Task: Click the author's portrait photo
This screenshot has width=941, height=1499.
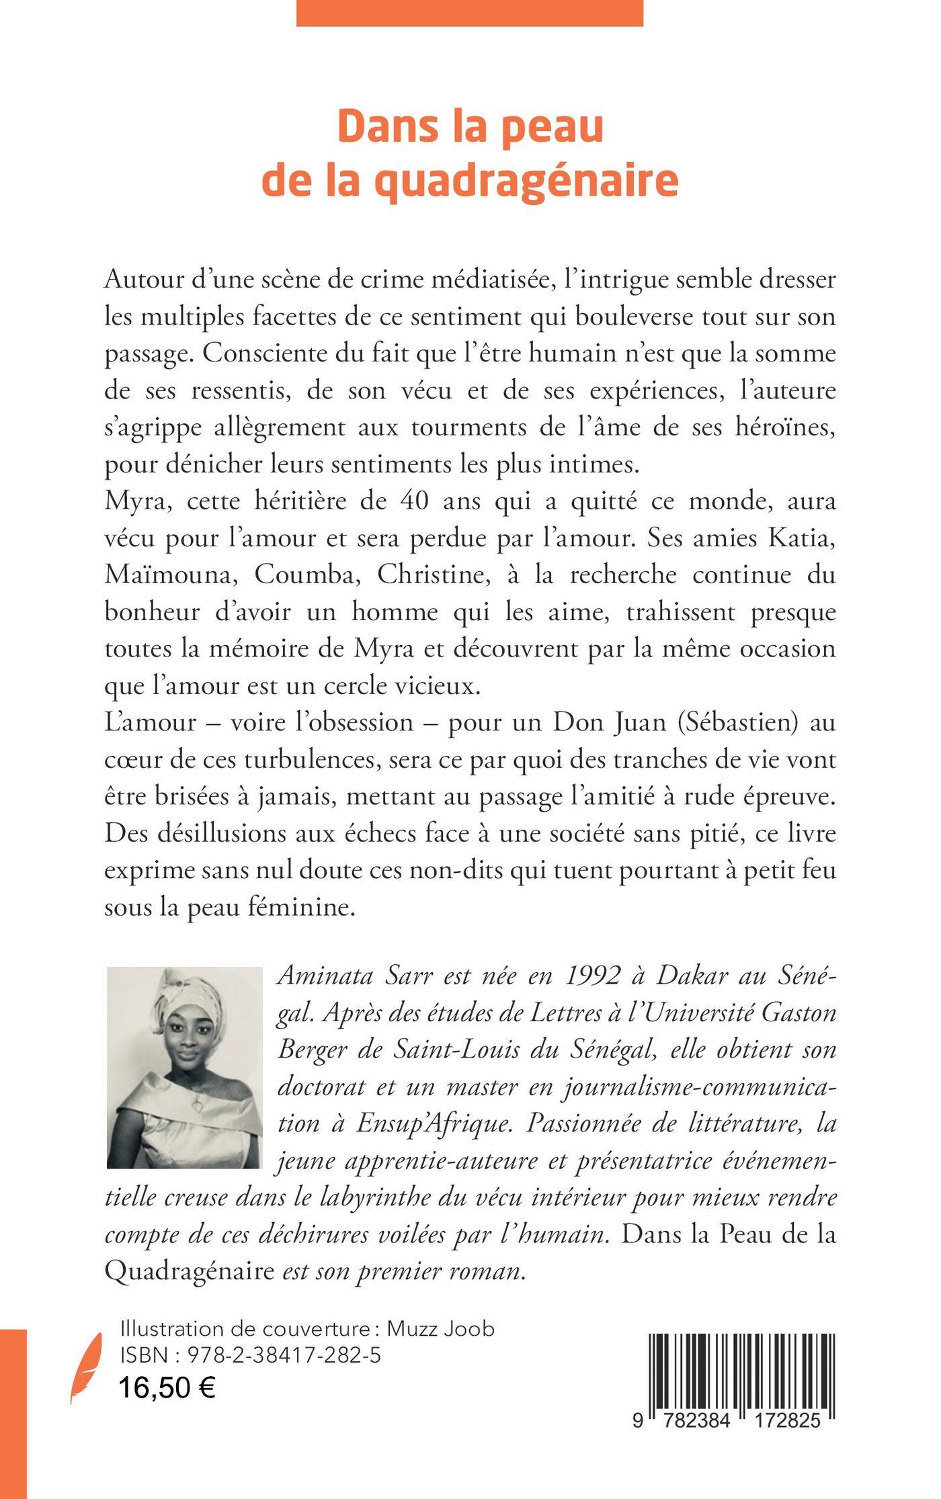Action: [x=184, y=1068]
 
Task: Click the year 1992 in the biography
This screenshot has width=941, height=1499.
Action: [x=592, y=977]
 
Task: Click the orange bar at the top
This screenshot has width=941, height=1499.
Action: [x=469, y=13]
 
